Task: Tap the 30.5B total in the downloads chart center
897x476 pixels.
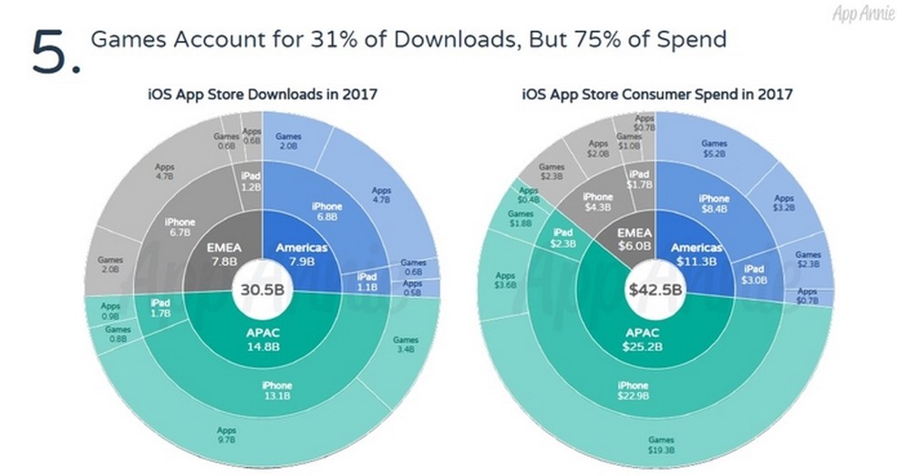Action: tap(262, 292)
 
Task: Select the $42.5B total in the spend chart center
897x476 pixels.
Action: tap(654, 292)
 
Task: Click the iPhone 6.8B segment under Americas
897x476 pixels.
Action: tap(325, 212)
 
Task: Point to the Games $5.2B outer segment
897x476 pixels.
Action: tap(715, 149)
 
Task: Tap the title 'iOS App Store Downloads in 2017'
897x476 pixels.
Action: tap(263, 93)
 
